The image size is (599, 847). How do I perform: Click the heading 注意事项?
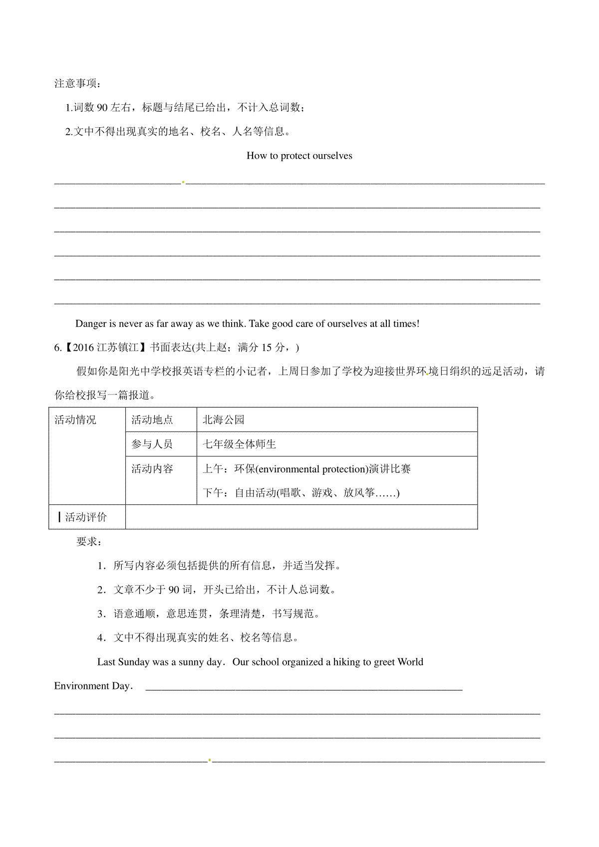click(77, 83)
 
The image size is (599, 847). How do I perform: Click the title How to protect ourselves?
click(299, 156)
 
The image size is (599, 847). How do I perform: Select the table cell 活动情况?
click(75, 420)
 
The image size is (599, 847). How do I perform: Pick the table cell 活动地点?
click(152, 420)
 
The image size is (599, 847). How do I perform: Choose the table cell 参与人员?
click(152, 444)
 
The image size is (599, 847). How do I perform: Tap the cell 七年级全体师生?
click(239, 444)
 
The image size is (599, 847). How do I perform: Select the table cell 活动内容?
click(152, 469)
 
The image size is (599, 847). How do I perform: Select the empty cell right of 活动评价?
click(301, 517)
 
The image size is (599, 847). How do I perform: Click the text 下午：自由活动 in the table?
click(240, 493)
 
